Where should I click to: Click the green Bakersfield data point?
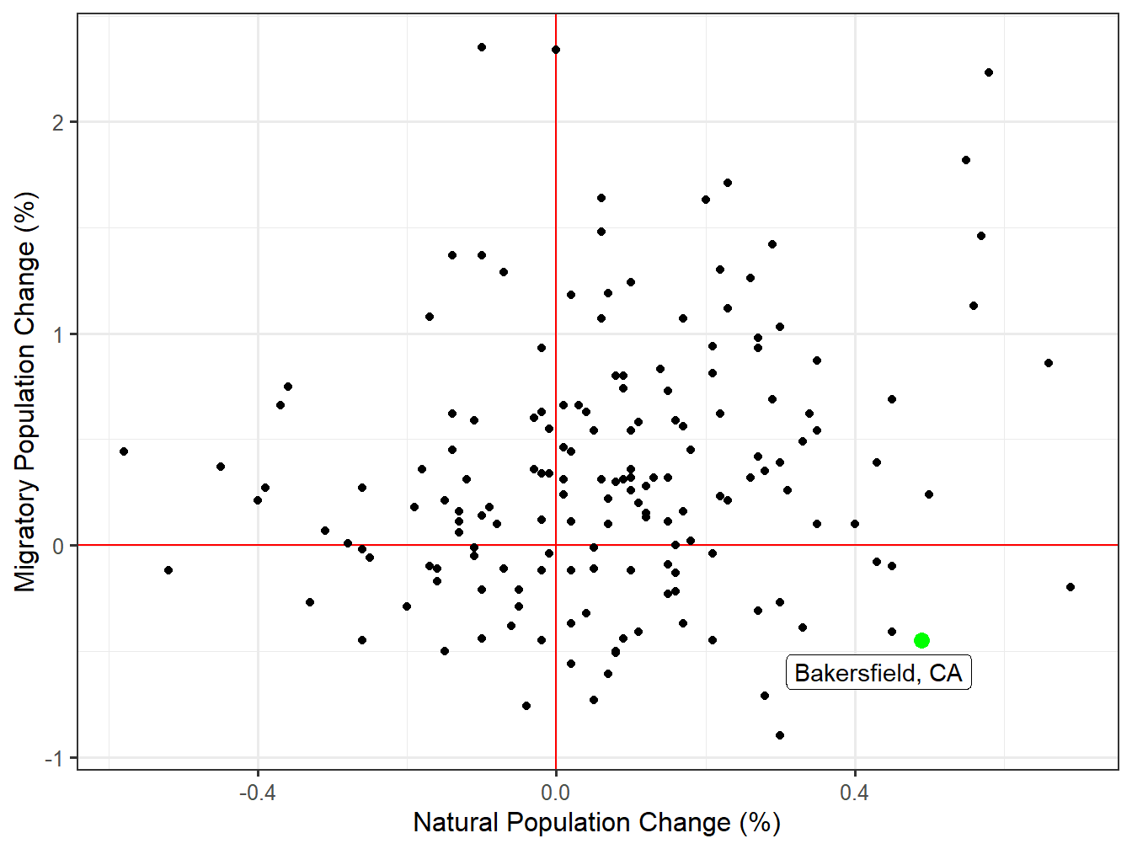(921, 640)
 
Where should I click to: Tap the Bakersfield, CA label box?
(878, 673)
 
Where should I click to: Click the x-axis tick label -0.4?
(257, 793)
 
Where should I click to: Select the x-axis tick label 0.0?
(556, 793)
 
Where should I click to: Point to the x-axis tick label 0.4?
(854, 793)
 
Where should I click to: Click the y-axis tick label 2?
(58, 123)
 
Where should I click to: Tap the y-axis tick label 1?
(58, 334)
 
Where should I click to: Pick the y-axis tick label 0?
(58, 546)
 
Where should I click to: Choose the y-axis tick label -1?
(54, 758)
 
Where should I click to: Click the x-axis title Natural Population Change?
(596, 823)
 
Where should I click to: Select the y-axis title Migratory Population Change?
(26, 392)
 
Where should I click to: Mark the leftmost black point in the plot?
(124, 451)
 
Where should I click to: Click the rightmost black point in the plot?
(1071, 587)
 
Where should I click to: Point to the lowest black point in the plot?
(780, 735)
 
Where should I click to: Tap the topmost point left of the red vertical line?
(482, 47)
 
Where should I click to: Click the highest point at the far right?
(989, 72)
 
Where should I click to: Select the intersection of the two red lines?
(556, 545)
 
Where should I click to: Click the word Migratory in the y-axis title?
(26, 534)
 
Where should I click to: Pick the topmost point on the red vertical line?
(556, 50)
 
